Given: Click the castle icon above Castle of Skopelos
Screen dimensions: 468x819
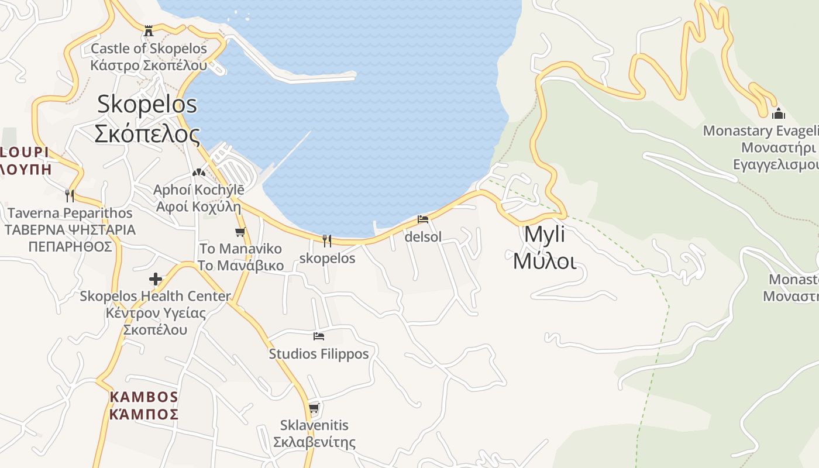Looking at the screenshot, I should pos(149,30).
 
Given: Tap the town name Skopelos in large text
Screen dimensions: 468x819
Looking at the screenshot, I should pos(147,104).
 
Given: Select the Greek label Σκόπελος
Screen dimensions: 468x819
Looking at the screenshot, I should pos(147,135).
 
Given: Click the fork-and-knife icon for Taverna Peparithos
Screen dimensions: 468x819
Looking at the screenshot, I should pos(70,195).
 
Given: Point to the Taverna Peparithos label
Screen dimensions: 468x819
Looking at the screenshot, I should pos(70,213).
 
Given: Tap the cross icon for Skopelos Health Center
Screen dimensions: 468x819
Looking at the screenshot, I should pos(156,279).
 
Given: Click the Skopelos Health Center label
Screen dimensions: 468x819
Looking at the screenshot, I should pos(155,297).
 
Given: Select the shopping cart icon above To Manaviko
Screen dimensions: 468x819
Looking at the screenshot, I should pos(240,232).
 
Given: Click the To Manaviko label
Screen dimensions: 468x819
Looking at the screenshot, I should pos(240,249).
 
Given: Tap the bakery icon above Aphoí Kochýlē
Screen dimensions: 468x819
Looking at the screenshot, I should pos(198,173).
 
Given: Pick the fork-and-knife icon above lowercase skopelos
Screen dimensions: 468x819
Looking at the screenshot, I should pos(327,240).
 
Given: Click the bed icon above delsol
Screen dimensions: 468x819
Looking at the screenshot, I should pos(423,220).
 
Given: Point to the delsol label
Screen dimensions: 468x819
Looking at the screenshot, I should pos(423,237).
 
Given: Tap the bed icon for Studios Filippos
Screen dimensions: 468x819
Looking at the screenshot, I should pos(319,336).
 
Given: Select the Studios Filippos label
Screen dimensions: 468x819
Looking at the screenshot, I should pos(319,354).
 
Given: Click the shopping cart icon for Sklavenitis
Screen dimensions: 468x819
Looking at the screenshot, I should pos(314,408).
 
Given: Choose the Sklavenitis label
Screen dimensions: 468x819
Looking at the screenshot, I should pos(314,425).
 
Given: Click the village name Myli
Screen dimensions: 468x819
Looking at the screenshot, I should pos(545,234).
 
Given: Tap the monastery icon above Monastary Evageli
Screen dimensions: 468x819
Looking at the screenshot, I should pos(778,113).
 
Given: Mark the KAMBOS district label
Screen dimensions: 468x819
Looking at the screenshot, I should pos(143,397).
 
